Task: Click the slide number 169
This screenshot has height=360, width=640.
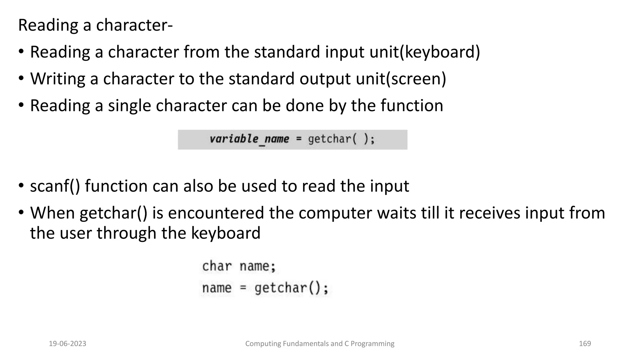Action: [585, 344]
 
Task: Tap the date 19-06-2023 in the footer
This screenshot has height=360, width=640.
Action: [67, 344]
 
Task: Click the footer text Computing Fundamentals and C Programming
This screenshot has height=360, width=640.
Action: [320, 344]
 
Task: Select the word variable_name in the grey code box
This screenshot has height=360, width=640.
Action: [249, 139]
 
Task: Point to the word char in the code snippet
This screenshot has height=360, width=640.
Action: [217, 266]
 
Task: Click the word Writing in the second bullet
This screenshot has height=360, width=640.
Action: [58, 79]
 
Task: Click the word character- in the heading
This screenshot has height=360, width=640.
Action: [134, 25]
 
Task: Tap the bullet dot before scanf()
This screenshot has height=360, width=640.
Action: [21, 186]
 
